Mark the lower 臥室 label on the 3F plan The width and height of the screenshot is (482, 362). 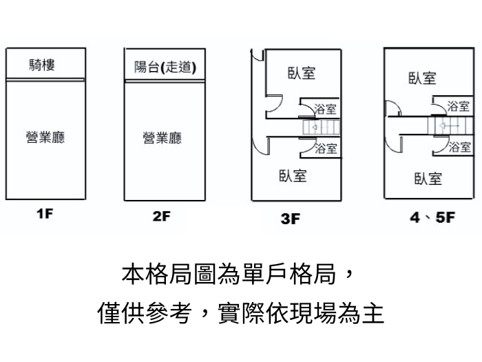(293, 175)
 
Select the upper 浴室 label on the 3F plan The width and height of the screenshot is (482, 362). (325, 110)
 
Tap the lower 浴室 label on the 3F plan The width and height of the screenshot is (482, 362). (325, 148)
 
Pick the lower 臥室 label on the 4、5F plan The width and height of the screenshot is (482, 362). (428, 179)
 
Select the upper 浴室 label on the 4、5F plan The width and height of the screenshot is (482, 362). (458, 106)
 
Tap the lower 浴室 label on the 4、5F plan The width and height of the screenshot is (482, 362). (458, 147)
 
